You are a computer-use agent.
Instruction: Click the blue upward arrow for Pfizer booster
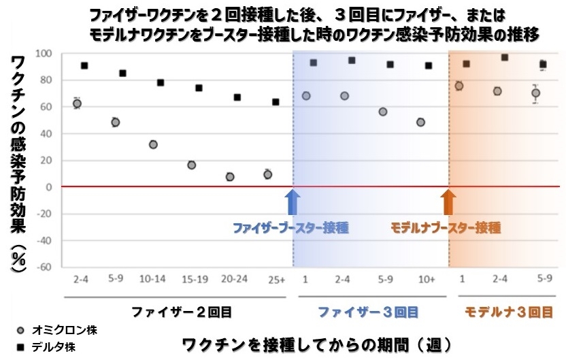coord(293,202)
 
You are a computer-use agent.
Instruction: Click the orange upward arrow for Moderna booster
coord(448,202)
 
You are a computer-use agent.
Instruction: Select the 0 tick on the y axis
coord(50,187)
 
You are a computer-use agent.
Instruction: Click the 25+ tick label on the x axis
coord(272,280)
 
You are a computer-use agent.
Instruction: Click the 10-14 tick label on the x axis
coord(154,280)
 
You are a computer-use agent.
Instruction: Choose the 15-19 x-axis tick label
coord(193,280)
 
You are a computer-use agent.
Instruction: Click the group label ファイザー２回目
coord(182,312)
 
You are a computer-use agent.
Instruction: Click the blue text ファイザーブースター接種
coord(290,227)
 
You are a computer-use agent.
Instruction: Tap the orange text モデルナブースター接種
coord(446,227)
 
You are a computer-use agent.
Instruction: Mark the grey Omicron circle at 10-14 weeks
coord(153,145)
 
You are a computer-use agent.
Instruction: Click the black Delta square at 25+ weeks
coord(276,102)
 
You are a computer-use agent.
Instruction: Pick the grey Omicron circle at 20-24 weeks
coord(230,177)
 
